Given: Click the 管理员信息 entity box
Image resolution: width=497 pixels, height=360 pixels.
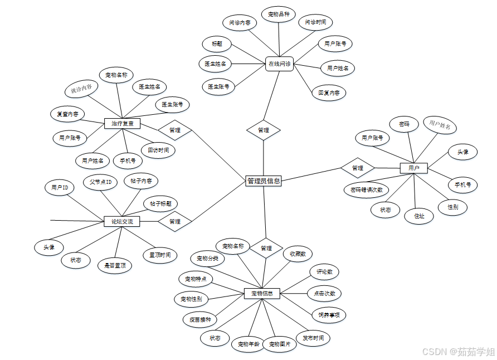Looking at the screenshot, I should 264,181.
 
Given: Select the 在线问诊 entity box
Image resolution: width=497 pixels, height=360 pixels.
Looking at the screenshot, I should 279,64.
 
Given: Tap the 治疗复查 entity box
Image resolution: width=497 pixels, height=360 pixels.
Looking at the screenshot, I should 122,123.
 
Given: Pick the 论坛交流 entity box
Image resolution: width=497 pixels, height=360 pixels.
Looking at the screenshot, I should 122,222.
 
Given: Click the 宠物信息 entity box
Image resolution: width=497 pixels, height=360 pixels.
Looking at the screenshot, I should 262,293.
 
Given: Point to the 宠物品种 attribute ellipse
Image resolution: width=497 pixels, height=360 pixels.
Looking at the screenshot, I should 279,14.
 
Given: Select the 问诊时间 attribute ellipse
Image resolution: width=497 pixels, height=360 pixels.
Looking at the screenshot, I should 315,22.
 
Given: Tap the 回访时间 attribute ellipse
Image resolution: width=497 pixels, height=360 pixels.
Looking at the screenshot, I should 158,150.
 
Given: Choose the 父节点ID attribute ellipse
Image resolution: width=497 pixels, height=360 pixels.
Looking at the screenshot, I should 101,182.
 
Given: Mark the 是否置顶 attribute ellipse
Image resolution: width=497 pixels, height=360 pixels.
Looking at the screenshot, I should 115,266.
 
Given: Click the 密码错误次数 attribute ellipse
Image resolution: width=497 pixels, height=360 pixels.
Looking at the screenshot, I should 366,189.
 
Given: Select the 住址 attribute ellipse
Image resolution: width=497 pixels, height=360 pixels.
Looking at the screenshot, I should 419,216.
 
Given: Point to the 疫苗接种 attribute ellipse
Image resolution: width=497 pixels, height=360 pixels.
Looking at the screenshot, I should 197,320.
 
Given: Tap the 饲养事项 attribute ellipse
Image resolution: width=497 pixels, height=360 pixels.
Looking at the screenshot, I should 329,315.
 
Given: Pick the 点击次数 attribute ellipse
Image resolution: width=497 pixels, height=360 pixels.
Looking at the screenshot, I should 324,294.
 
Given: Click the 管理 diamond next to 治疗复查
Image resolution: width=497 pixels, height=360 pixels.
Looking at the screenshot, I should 174,130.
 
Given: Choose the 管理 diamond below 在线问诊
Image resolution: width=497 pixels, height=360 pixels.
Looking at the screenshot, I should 264,130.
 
